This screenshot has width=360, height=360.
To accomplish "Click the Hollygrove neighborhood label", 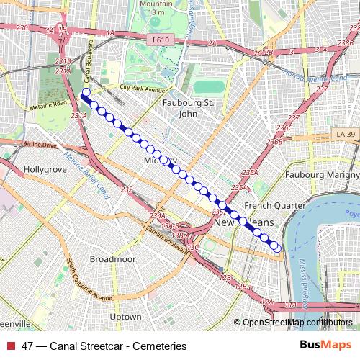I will coord(45,170).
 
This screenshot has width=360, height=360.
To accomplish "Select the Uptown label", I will coord(125,316).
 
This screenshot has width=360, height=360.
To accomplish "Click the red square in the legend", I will coord(10,346).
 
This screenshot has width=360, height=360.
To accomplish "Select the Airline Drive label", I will coord(39,145).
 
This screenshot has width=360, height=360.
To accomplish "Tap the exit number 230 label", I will coord(22,27).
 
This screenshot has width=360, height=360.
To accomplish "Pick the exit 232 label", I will coord(127,189).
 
